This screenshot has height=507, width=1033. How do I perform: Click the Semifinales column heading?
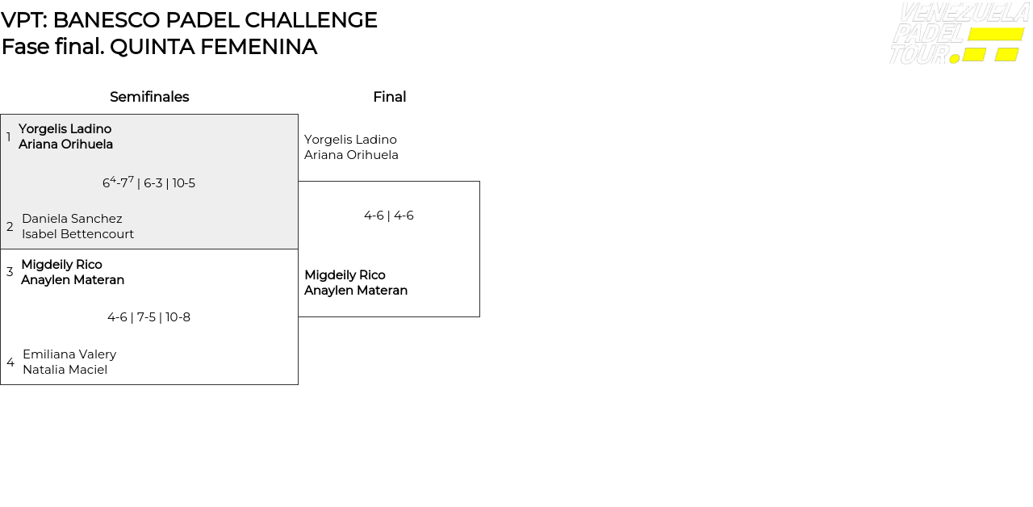click(x=149, y=97)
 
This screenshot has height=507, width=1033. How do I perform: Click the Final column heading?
click(x=390, y=97)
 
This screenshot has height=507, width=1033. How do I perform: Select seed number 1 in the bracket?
click(x=8, y=136)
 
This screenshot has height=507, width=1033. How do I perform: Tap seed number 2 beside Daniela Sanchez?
click(x=10, y=227)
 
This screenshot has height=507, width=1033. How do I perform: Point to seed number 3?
click(x=10, y=272)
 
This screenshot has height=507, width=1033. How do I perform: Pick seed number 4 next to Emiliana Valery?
click(x=10, y=362)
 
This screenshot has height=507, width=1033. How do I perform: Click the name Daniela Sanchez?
click(x=72, y=219)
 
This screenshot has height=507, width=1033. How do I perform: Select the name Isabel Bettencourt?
click(x=78, y=234)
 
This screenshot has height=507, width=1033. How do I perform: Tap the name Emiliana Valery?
click(x=69, y=354)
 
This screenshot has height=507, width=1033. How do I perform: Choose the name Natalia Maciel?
click(x=65, y=370)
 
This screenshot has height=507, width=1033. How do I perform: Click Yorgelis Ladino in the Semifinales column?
click(x=65, y=128)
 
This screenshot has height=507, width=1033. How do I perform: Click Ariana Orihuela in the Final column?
click(x=351, y=155)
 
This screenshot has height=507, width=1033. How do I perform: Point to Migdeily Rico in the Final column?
click(x=345, y=275)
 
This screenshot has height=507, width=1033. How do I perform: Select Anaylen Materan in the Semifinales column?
click(x=73, y=280)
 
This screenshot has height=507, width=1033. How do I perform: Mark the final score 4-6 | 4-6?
click(x=389, y=216)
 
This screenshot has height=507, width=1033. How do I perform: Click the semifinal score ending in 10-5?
click(x=148, y=182)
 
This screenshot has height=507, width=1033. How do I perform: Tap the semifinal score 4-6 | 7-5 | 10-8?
click(x=149, y=317)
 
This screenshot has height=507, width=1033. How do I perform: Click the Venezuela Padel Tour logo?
click(x=960, y=33)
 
